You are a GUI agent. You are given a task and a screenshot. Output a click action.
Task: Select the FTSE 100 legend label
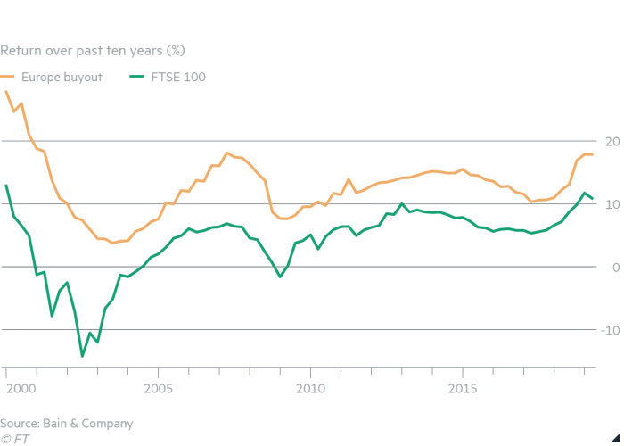coord(178,78)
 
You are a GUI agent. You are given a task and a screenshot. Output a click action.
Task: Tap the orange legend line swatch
coord(8,78)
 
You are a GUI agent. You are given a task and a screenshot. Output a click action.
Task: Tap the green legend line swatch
coord(136,78)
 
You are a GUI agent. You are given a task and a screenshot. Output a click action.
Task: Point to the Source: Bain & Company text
coord(67,423)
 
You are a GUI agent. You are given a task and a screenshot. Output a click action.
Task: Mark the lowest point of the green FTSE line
coord(82,356)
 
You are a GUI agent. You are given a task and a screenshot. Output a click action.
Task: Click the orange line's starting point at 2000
coord(6,92)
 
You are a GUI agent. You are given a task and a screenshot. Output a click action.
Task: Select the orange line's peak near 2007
coord(227,153)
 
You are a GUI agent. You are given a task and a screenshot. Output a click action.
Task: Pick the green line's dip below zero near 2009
coord(280,277)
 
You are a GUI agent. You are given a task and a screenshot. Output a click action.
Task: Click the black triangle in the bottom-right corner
coord(616,437)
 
